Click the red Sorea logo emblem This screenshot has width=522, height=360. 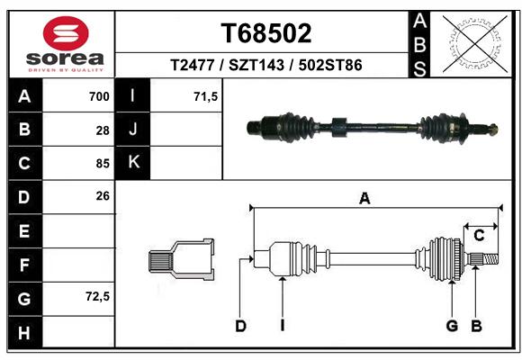click(66, 33)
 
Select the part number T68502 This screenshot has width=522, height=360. click(266, 33)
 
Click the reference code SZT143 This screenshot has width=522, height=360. click(256, 65)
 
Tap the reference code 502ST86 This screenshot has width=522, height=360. click(330, 65)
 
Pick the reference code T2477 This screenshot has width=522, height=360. click(192, 65)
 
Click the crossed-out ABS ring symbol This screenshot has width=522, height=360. click(475, 44)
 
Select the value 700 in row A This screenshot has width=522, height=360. click(99, 96)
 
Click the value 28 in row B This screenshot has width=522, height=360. click(103, 130)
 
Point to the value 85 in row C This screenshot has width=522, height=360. click(103, 164)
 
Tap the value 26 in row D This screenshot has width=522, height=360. click(103, 196)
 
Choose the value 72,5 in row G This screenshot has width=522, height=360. click(97, 296)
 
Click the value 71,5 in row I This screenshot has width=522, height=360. click(205, 96)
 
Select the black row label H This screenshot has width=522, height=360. click(25, 332)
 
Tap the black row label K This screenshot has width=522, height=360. click(132, 162)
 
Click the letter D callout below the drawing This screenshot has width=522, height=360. click(240, 326)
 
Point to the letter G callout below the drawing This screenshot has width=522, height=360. click(452, 326)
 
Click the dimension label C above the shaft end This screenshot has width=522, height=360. click(479, 236)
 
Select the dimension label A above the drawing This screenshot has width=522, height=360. click(364, 199)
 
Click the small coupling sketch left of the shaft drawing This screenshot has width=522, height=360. click(181, 259)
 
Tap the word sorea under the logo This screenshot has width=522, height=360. click(65, 58)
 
